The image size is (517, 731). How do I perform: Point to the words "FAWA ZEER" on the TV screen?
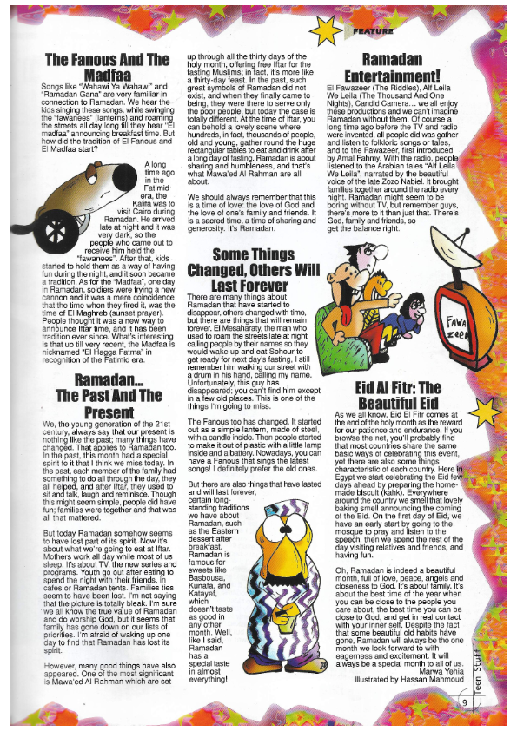tap(460, 327)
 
